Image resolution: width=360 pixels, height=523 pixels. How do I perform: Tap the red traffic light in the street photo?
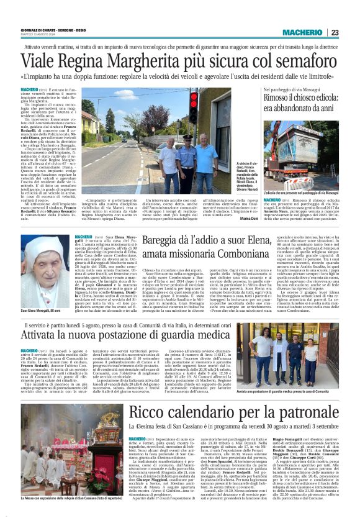click(x=192, y=99)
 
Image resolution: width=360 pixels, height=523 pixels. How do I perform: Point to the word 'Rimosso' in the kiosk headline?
click(x=282, y=98)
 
